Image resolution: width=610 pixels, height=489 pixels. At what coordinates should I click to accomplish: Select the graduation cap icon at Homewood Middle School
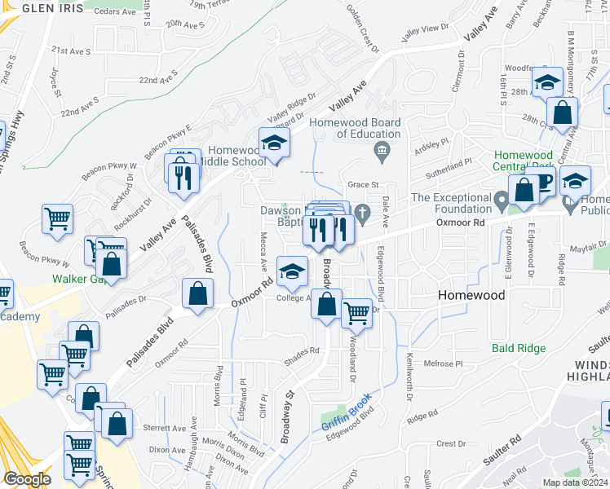275,143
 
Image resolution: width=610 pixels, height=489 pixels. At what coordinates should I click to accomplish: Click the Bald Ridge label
519,348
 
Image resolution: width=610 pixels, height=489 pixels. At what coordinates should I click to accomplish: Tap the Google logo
28,478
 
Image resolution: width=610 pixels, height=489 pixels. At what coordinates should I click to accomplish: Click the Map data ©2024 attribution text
572,482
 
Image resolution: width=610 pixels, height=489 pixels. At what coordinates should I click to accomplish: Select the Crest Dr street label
451,444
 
